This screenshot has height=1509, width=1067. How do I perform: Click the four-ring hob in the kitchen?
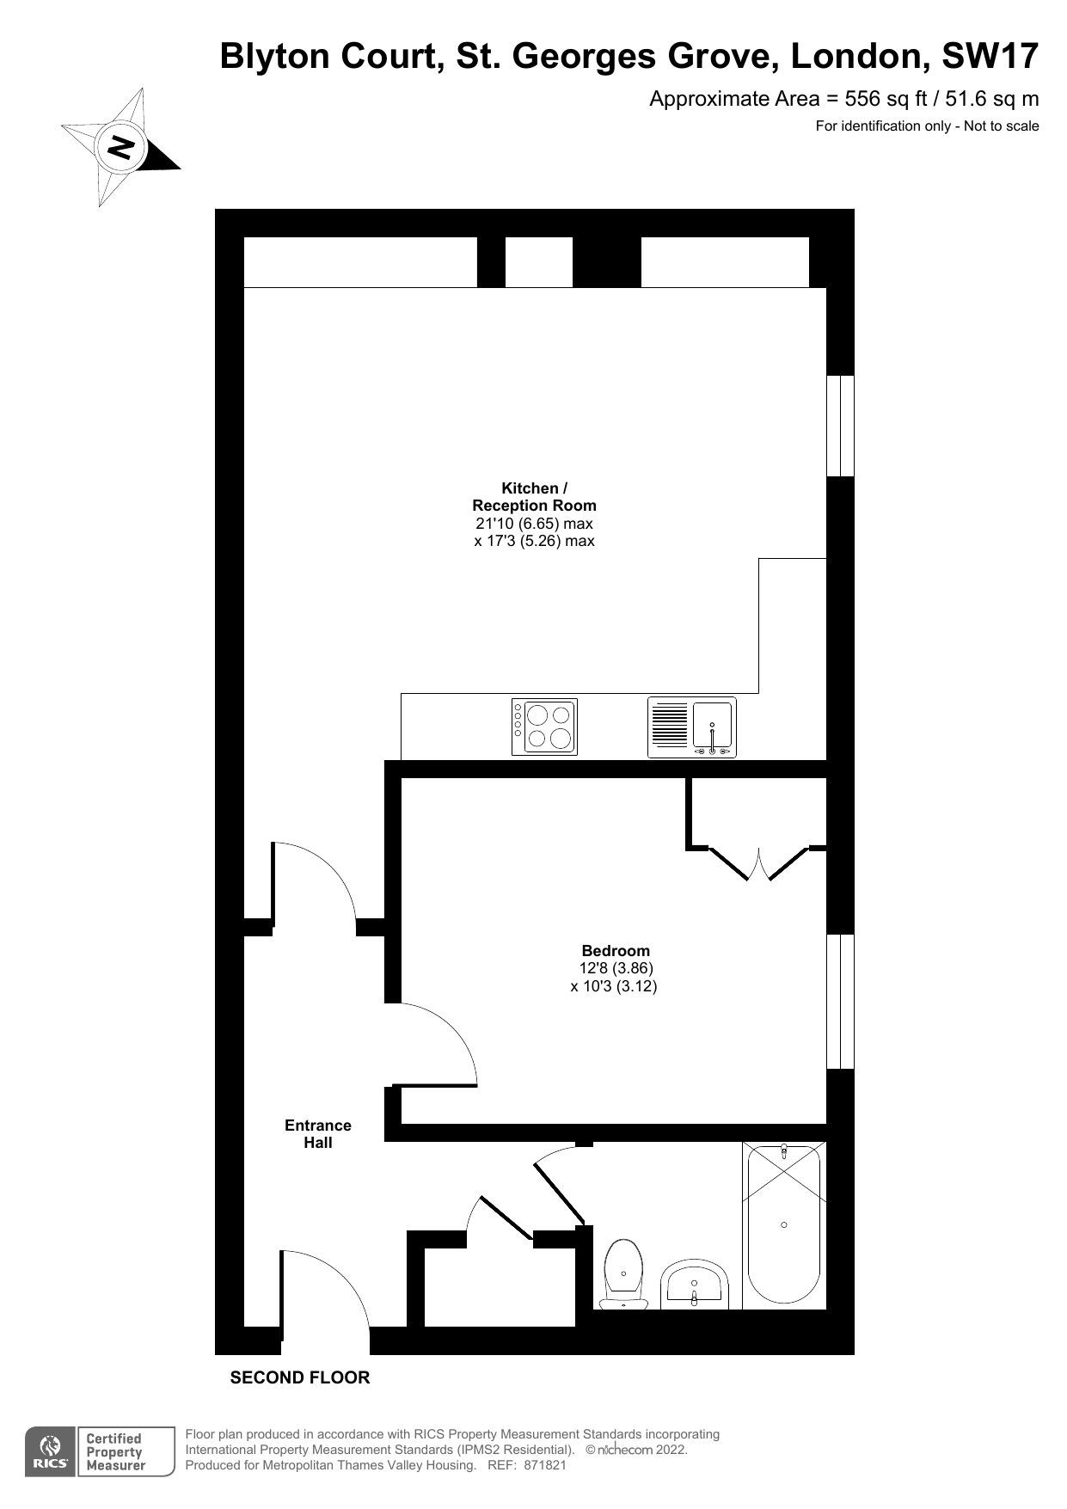544,727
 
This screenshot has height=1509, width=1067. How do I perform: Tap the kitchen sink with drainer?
692,727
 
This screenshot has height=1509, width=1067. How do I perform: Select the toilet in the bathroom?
623,1273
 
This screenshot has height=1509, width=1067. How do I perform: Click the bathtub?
783,1225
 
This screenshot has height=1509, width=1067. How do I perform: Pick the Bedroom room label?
616,951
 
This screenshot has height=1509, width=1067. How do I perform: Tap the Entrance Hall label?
318,1133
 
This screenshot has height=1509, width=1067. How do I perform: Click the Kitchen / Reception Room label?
534,497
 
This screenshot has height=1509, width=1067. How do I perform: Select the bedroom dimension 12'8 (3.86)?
616,968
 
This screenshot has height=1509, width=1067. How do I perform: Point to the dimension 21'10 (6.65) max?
534,524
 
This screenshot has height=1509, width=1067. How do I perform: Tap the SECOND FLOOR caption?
300,1377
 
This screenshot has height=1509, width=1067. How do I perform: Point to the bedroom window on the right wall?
840,1001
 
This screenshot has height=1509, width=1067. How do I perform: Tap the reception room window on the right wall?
840,425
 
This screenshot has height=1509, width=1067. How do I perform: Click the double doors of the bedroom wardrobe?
759,864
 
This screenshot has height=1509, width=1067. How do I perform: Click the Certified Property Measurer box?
115,1452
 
